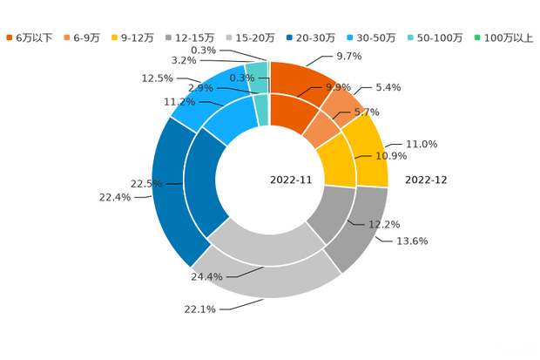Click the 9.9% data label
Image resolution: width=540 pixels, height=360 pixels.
[x=338, y=87]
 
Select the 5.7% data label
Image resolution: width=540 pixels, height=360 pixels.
[x=368, y=112]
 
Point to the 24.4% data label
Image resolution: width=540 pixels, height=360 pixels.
[x=206, y=277]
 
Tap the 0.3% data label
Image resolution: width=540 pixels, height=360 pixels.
[x=241, y=78]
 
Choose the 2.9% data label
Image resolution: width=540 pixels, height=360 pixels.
[x=200, y=88]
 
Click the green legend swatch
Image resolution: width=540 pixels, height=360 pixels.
[x=476, y=37]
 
